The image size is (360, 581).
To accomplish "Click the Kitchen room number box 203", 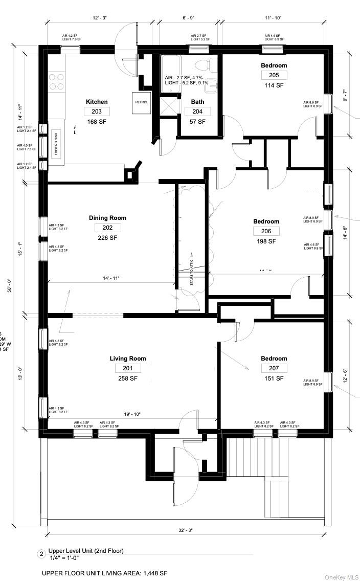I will point(97,111).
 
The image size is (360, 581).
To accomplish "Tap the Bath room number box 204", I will point(197,111).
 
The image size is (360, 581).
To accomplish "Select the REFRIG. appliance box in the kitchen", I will point(141,102).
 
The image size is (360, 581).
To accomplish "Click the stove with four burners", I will point(56,81).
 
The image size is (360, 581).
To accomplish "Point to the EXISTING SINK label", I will point(56,145).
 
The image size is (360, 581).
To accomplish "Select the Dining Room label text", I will point(107,218).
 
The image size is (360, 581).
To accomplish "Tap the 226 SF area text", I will point(107,238).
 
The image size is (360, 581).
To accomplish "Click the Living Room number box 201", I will point(127,368).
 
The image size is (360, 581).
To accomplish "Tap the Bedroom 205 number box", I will point(274,75).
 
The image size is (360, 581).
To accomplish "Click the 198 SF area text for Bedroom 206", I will point(266,241).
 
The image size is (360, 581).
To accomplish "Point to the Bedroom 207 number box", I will point(274,368).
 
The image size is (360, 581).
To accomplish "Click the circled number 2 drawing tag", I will point(41,554).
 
